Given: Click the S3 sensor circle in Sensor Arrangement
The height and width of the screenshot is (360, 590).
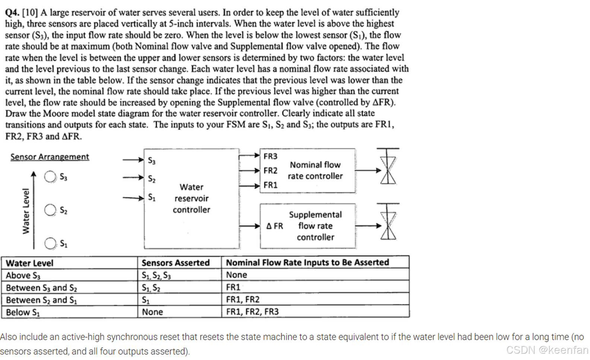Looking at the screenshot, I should click(50, 177).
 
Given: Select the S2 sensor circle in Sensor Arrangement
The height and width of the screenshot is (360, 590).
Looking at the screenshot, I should click(50, 210).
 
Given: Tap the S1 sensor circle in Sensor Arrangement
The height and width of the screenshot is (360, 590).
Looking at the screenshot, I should click(50, 243).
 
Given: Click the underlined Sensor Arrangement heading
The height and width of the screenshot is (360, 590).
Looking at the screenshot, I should click(50, 157).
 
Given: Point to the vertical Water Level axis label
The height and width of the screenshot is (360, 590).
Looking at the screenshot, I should click(26, 211).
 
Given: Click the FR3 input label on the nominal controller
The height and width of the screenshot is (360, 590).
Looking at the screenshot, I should click(270, 156).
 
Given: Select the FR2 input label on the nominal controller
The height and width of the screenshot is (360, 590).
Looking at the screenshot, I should click(270, 171).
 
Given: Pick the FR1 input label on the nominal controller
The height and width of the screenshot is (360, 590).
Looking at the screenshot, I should click(270, 185).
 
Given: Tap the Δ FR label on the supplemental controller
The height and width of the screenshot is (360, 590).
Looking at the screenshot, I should click(275, 226).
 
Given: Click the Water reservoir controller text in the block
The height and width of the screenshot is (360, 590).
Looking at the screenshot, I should click(191, 198).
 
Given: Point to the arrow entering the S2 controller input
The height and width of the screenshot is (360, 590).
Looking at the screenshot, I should click(133, 178).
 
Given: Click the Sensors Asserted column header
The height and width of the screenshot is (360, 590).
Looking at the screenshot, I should click(175, 263).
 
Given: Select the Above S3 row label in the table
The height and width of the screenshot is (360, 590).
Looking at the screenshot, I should click(23, 275).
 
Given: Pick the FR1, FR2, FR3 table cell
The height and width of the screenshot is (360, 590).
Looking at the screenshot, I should click(252, 312).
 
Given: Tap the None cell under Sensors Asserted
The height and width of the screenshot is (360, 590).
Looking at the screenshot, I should click(152, 312).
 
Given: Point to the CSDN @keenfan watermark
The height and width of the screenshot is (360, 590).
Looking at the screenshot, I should click(547, 350).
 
